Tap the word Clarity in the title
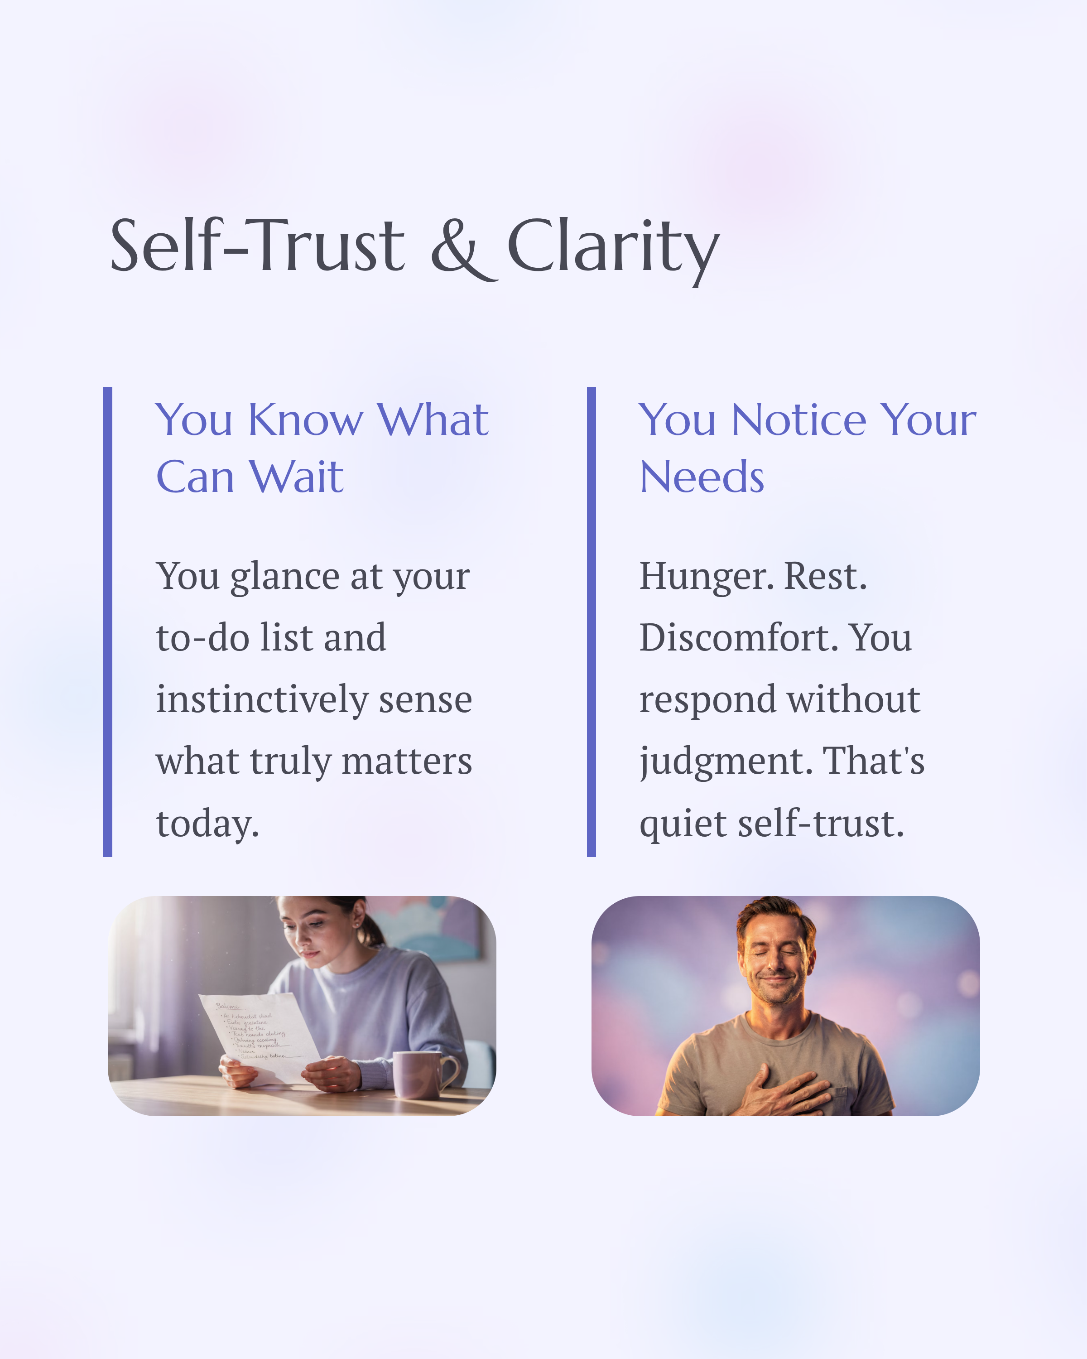[x=612, y=247]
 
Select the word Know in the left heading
[x=306, y=420]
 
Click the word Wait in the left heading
[x=296, y=477]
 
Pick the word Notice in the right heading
[x=798, y=420]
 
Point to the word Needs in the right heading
[x=702, y=477]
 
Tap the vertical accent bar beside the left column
[x=108, y=622]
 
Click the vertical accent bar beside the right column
[x=591, y=622]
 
